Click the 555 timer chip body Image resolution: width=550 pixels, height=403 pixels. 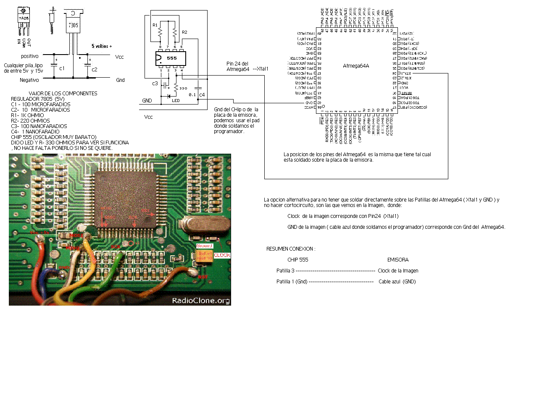pos(171,58)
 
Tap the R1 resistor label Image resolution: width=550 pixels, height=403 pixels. pos(155,25)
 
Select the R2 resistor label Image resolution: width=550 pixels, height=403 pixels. pos(184,32)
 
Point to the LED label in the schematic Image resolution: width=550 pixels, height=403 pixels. pos(176,101)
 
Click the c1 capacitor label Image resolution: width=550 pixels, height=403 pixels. pos(62,68)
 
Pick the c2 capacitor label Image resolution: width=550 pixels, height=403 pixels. pos(95,70)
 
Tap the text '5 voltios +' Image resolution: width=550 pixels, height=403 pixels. pos(102,46)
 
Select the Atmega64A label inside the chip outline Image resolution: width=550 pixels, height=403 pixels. pos(356,66)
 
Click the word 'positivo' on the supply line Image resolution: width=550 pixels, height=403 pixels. pos(30,56)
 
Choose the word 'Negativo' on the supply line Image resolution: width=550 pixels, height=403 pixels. pos(29,80)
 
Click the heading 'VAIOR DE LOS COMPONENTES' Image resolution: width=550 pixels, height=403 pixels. pos(63,94)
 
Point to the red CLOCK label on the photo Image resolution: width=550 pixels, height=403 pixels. pos(222,255)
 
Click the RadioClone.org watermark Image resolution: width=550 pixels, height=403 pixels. pos(201,301)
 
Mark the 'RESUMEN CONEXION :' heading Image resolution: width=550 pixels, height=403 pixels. pos(291,249)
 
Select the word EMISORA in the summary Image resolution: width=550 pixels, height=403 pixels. pos(397,260)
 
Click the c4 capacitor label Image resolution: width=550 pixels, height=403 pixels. pos(202,95)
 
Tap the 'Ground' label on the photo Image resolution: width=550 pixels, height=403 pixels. pos(205,246)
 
